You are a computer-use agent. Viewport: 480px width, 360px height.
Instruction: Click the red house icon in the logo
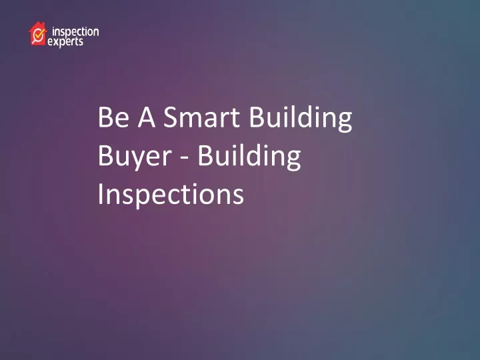pyautogui.click(x=37, y=34)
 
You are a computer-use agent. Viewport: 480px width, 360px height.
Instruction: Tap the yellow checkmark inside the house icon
pyautogui.click(x=39, y=34)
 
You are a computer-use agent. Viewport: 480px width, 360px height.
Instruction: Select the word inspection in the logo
pyautogui.click(x=75, y=32)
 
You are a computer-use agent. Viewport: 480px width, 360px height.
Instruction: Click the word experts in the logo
pyautogui.click(x=65, y=42)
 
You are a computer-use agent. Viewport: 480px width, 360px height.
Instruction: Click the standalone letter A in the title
pyautogui.click(x=147, y=117)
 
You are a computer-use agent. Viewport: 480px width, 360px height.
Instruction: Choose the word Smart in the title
pyautogui.click(x=201, y=117)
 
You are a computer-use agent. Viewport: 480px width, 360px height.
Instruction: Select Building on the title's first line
pyautogui.click(x=301, y=119)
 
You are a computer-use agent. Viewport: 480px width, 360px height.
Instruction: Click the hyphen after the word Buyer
pyautogui.click(x=184, y=158)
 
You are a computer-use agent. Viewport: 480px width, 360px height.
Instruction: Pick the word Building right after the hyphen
pyautogui.click(x=249, y=157)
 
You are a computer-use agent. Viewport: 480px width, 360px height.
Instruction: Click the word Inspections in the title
pyautogui.click(x=171, y=195)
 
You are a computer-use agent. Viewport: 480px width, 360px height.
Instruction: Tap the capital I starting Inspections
pyautogui.click(x=100, y=194)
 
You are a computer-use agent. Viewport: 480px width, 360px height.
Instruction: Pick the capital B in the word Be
pyautogui.click(x=105, y=117)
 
